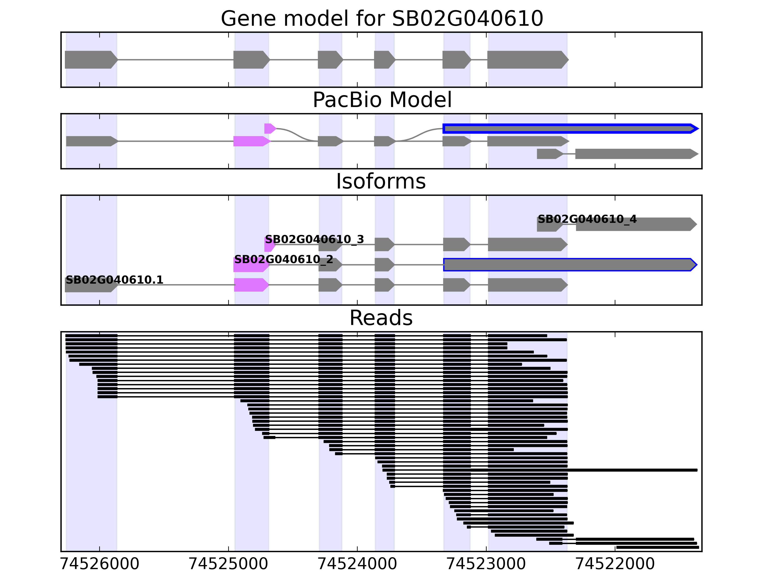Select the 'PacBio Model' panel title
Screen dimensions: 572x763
pyautogui.click(x=381, y=100)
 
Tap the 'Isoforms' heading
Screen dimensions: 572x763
pyautogui.click(x=381, y=181)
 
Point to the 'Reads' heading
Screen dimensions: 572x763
pyautogui.click(x=381, y=318)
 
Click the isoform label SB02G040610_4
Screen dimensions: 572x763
pyautogui.click(x=587, y=219)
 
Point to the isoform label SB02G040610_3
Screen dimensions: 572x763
pyautogui.click(x=314, y=239)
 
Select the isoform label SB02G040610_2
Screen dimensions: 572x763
pyautogui.click(x=284, y=259)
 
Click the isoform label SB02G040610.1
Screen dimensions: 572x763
pyautogui.click(x=114, y=280)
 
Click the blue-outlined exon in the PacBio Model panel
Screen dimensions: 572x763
pyautogui.click(x=569, y=129)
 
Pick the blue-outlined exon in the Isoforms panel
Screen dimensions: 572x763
pyautogui.click(x=569, y=265)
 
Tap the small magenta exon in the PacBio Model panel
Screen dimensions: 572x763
pyautogui.click(x=270, y=129)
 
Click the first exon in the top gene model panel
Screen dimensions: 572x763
pyautogui.click(x=90, y=60)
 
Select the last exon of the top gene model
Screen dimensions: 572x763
pyautogui.click(x=527, y=60)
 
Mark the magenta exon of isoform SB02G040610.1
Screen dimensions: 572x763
pyautogui.click(x=251, y=285)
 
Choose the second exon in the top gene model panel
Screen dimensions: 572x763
pyautogui.click(x=251, y=60)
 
